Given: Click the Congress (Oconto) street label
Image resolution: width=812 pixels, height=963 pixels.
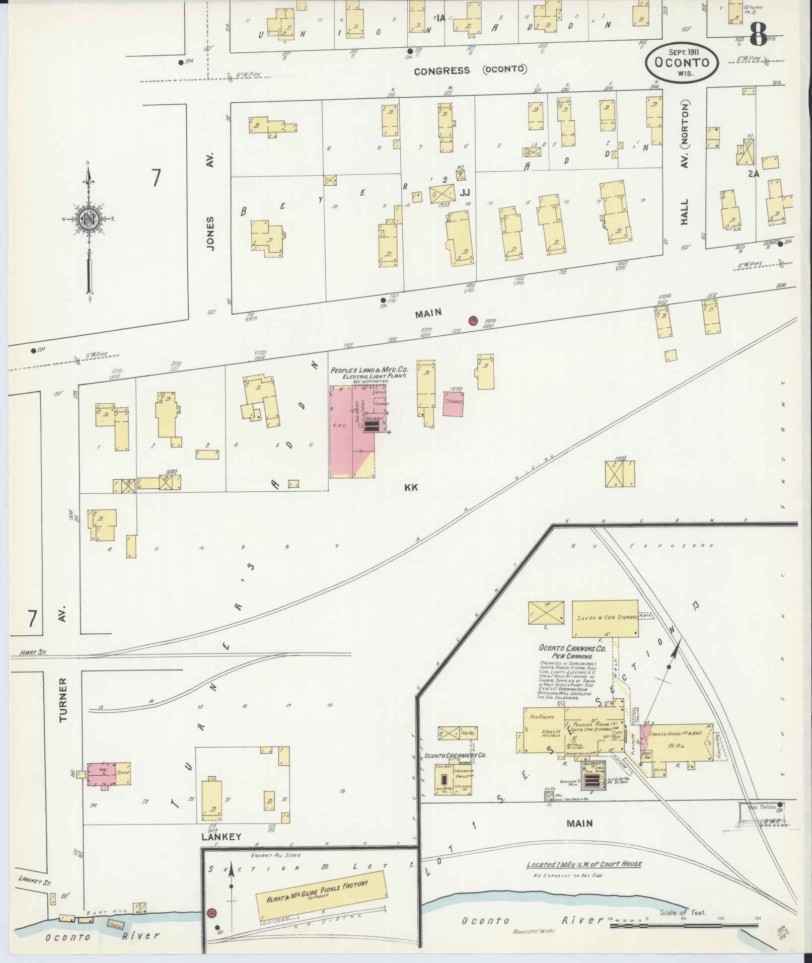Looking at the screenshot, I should point(470,70).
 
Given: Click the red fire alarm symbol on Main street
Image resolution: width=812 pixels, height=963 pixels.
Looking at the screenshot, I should point(473,320).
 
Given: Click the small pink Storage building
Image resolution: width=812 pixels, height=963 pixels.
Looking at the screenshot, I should point(454,403).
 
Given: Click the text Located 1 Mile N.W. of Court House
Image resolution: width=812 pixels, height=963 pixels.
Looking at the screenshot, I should point(584,864).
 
